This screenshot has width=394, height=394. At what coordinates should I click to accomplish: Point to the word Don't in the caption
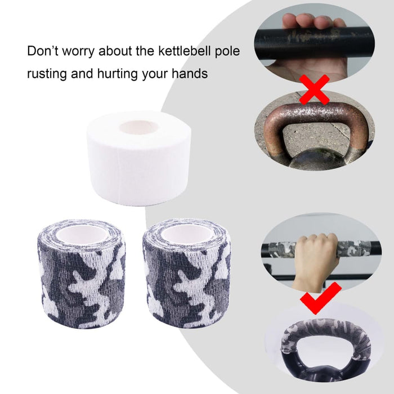click(43, 52)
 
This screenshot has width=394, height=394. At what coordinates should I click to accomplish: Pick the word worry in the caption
click(81, 52)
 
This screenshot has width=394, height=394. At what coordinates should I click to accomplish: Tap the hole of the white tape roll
click(138, 127)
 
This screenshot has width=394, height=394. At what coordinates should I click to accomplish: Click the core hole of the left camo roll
click(83, 234)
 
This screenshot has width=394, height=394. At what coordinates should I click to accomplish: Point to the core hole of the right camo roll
click(186, 234)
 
